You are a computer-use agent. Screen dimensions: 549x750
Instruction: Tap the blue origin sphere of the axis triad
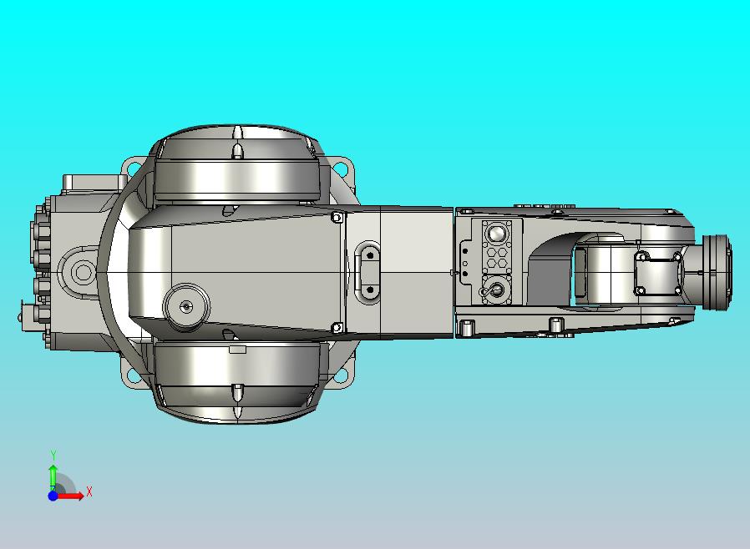(53, 496)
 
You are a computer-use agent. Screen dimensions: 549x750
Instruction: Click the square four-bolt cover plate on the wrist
(660, 273)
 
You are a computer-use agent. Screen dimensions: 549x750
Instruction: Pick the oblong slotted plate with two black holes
(368, 269)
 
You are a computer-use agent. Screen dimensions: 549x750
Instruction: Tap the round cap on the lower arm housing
(185, 305)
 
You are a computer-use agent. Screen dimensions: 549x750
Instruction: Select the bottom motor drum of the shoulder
(236, 378)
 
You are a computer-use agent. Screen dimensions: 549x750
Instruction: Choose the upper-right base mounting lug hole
(342, 168)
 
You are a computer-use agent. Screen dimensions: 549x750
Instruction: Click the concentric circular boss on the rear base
(83, 272)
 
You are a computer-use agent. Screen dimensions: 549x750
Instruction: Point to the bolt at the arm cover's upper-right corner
(337, 218)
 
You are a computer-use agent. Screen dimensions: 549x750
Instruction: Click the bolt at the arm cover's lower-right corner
(337, 328)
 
